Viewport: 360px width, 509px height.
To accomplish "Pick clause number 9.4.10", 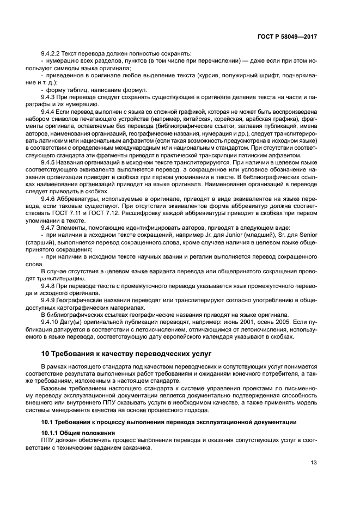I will (x=52, y=320).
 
